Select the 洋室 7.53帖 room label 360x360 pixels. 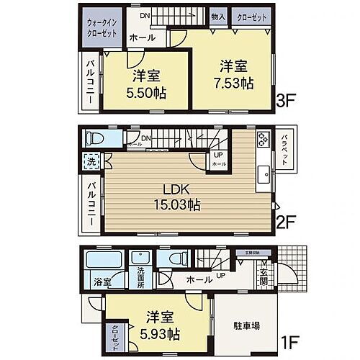point(230,72)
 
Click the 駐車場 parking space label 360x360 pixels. point(246,325)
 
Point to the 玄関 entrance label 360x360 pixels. point(264,276)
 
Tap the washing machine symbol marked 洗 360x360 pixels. point(91,162)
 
